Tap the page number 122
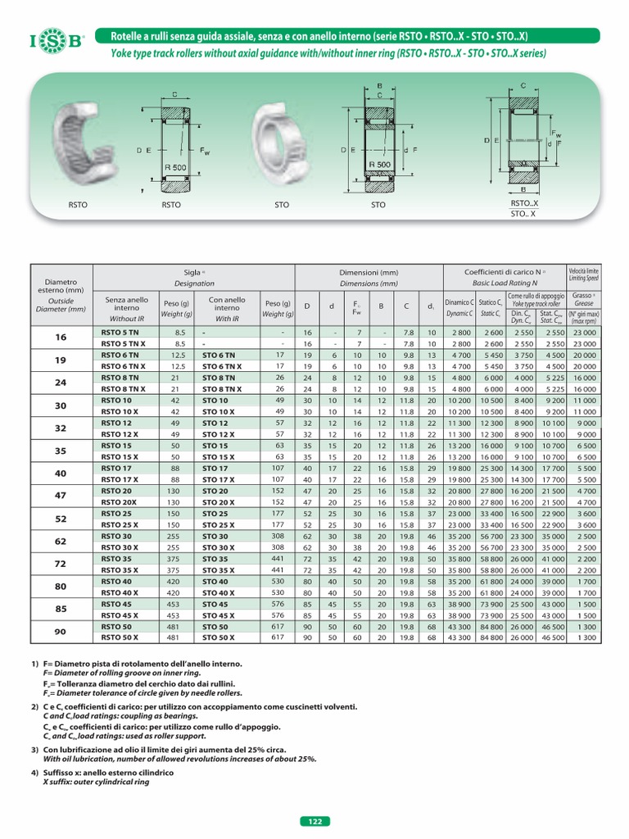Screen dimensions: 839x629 (314, 822)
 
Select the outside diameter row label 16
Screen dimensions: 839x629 (61, 338)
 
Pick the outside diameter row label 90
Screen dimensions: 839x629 (61, 632)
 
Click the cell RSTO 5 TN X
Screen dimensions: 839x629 (122, 343)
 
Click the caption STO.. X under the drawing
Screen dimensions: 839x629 (522, 215)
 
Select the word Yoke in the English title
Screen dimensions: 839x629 (114, 53)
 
